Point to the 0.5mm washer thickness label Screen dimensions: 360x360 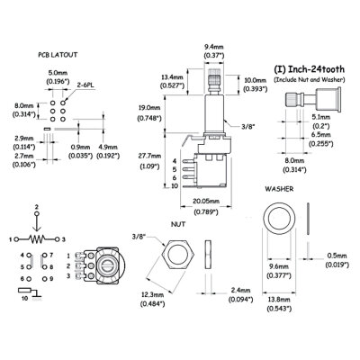click(x=336, y=255)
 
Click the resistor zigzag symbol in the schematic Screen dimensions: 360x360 click(x=37, y=239)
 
